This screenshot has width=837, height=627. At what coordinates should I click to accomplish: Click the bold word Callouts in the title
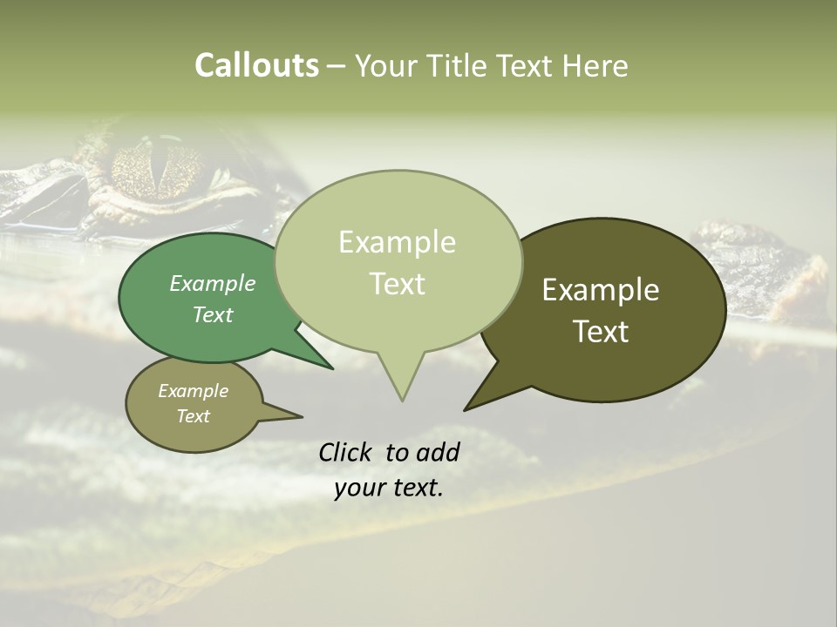click(x=256, y=65)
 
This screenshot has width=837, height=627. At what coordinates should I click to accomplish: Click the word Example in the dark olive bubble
click(x=601, y=290)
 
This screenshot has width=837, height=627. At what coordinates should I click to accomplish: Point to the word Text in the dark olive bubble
click(x=601, y=332)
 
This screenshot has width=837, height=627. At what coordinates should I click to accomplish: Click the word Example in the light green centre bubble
click(x=397, y=242)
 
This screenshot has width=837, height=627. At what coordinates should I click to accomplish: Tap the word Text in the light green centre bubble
click(x=397, y=284)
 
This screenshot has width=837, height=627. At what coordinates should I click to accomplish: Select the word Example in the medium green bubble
click(x=213, y=283)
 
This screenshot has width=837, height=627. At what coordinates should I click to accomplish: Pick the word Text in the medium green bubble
click(x=213, y=314)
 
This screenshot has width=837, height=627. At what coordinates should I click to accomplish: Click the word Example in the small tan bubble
click(x=193, y=391)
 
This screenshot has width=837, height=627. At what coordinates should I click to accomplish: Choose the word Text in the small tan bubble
click(x=193, y=416)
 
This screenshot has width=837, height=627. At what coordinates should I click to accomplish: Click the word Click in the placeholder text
click(x=346, y=452)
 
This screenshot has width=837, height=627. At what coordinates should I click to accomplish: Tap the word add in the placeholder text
click(x=438, y=452)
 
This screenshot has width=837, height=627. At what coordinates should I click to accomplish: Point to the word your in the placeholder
click(x=358, y=489)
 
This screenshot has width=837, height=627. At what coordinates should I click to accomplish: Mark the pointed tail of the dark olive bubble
click(x=468, y=408)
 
